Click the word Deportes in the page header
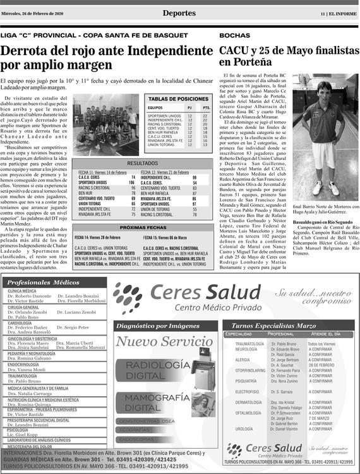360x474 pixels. click(x=179, y=13)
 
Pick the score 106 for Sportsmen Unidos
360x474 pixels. click(x=131, y=182)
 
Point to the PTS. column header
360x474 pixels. click(x=207, y=107)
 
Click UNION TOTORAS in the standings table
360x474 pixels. click(x=162, y=145)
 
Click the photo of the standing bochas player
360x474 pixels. click(x=326, y=143)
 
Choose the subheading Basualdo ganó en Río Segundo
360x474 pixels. click(x=321, y=222)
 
